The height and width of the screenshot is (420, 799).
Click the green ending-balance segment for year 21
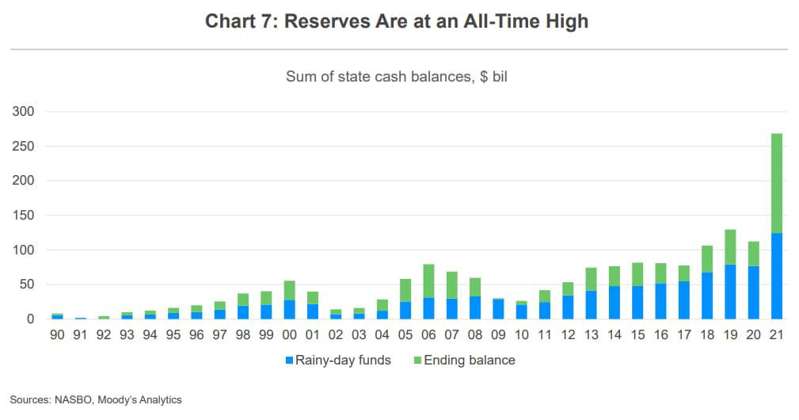(777, 183)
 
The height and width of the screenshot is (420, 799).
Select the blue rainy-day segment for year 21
(777, 276)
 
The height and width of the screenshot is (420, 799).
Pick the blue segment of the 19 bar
(730, 292)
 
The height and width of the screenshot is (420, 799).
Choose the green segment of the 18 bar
(706, 259)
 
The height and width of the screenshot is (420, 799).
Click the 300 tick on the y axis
(24, 112)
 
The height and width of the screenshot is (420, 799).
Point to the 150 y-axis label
(24, 216)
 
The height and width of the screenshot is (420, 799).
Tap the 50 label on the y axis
(27, 284)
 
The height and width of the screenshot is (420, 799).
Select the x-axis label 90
(57, 335)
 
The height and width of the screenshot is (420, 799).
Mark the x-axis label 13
(591, 335)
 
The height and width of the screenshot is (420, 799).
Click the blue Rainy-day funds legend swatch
(289, 361)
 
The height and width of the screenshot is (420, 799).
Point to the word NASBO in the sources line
(74, 400)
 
